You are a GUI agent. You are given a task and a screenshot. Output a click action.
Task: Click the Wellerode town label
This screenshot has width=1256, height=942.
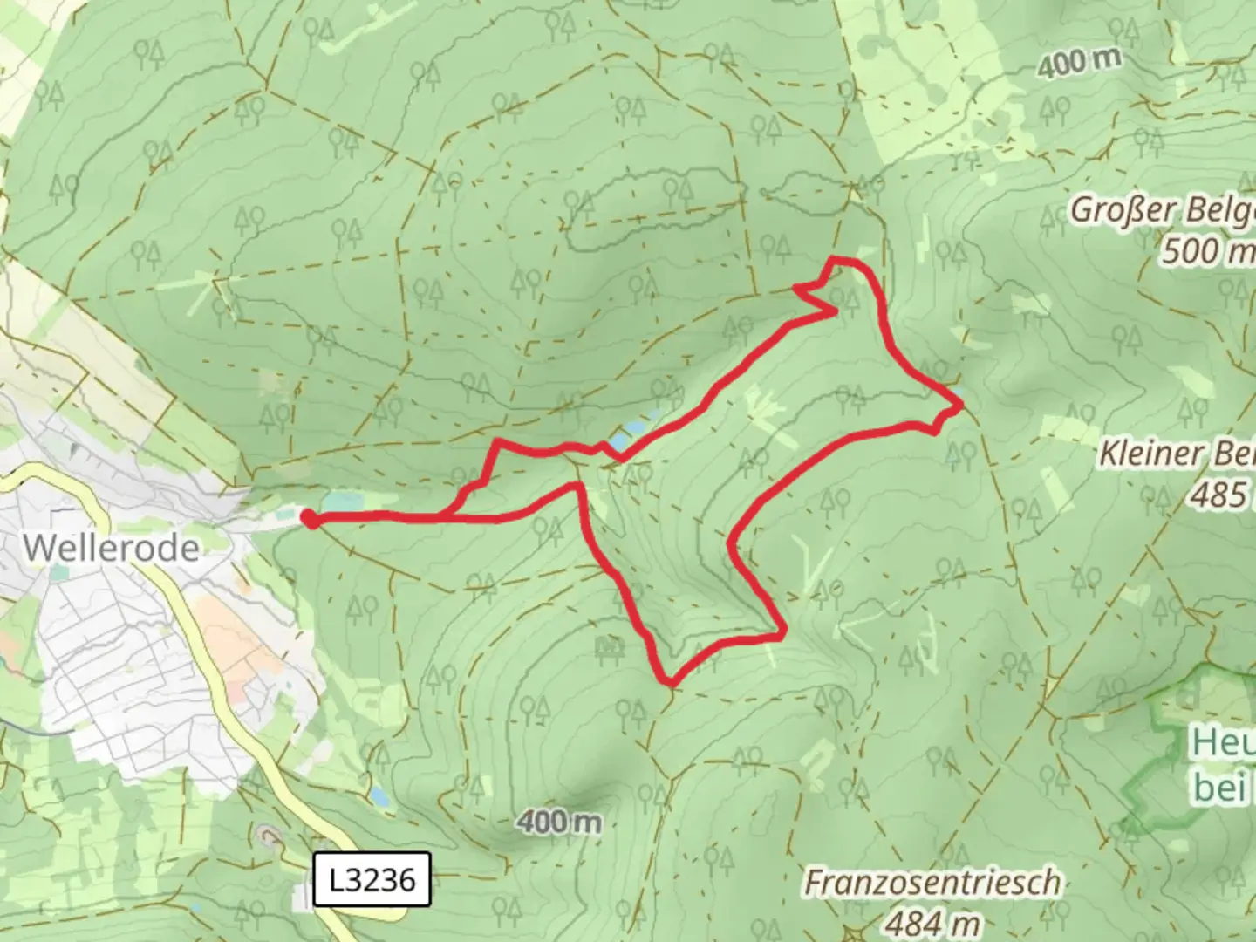pyautogui.click(x=111, y=548)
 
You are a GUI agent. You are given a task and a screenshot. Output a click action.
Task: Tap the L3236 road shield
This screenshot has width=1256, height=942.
pyautogui.click(x=372, y=879)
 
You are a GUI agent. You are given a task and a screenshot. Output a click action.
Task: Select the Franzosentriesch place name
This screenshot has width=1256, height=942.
pyautogui.click(x=932, y=883)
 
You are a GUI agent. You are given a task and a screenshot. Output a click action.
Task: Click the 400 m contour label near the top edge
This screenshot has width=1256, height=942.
pyautogui.click(x=1079, y=62)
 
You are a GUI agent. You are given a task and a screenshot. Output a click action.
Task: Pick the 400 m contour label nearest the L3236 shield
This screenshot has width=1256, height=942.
pyautogui.click(x=558, y=821)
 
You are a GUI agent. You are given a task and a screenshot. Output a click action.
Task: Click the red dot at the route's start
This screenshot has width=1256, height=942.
pyautogui.click(x=310, y=520)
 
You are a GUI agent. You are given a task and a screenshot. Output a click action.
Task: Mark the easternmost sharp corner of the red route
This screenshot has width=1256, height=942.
pyautogui.click(x=960, y=406)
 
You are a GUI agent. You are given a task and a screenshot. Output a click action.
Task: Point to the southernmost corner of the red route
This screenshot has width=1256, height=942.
pyautogui.click(x=669, y=681)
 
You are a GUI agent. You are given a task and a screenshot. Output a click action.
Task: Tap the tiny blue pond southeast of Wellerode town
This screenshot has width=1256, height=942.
pyautogui.click(x=379, y=796)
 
